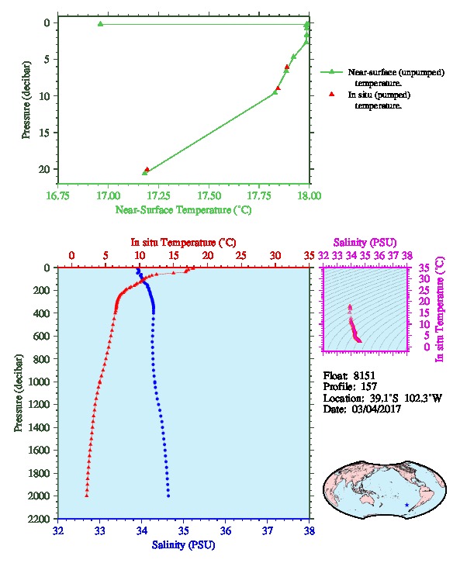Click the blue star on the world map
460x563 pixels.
tap(406, 505)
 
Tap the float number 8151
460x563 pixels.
tap(364, 375)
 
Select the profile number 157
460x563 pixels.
tap(368, 387)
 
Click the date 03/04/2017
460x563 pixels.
tap(376, 409)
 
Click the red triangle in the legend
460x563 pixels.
tap(332, 94)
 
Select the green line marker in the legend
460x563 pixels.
tap(331, 72)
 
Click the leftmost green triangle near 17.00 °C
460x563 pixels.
tap(101, 24)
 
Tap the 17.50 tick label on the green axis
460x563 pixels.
tap(209, 195)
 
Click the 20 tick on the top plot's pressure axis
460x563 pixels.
tap(44, 169)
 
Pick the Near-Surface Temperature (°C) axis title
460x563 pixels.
tap(184, 210)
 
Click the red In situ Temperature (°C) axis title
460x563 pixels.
tap(184, 243)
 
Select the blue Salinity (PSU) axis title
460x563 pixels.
tap(184, 545)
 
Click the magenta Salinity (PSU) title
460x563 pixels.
tap(365, 243)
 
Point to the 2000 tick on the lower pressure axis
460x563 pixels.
tap(40, 496)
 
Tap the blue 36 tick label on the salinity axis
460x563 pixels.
tap(226, 530)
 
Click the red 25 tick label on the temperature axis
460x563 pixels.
tap(241, 256)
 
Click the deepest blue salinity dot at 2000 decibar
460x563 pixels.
tap(168, 496)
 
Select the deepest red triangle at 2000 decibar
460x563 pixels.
tap(87, 496)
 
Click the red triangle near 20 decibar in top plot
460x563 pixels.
tap(147, 170)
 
